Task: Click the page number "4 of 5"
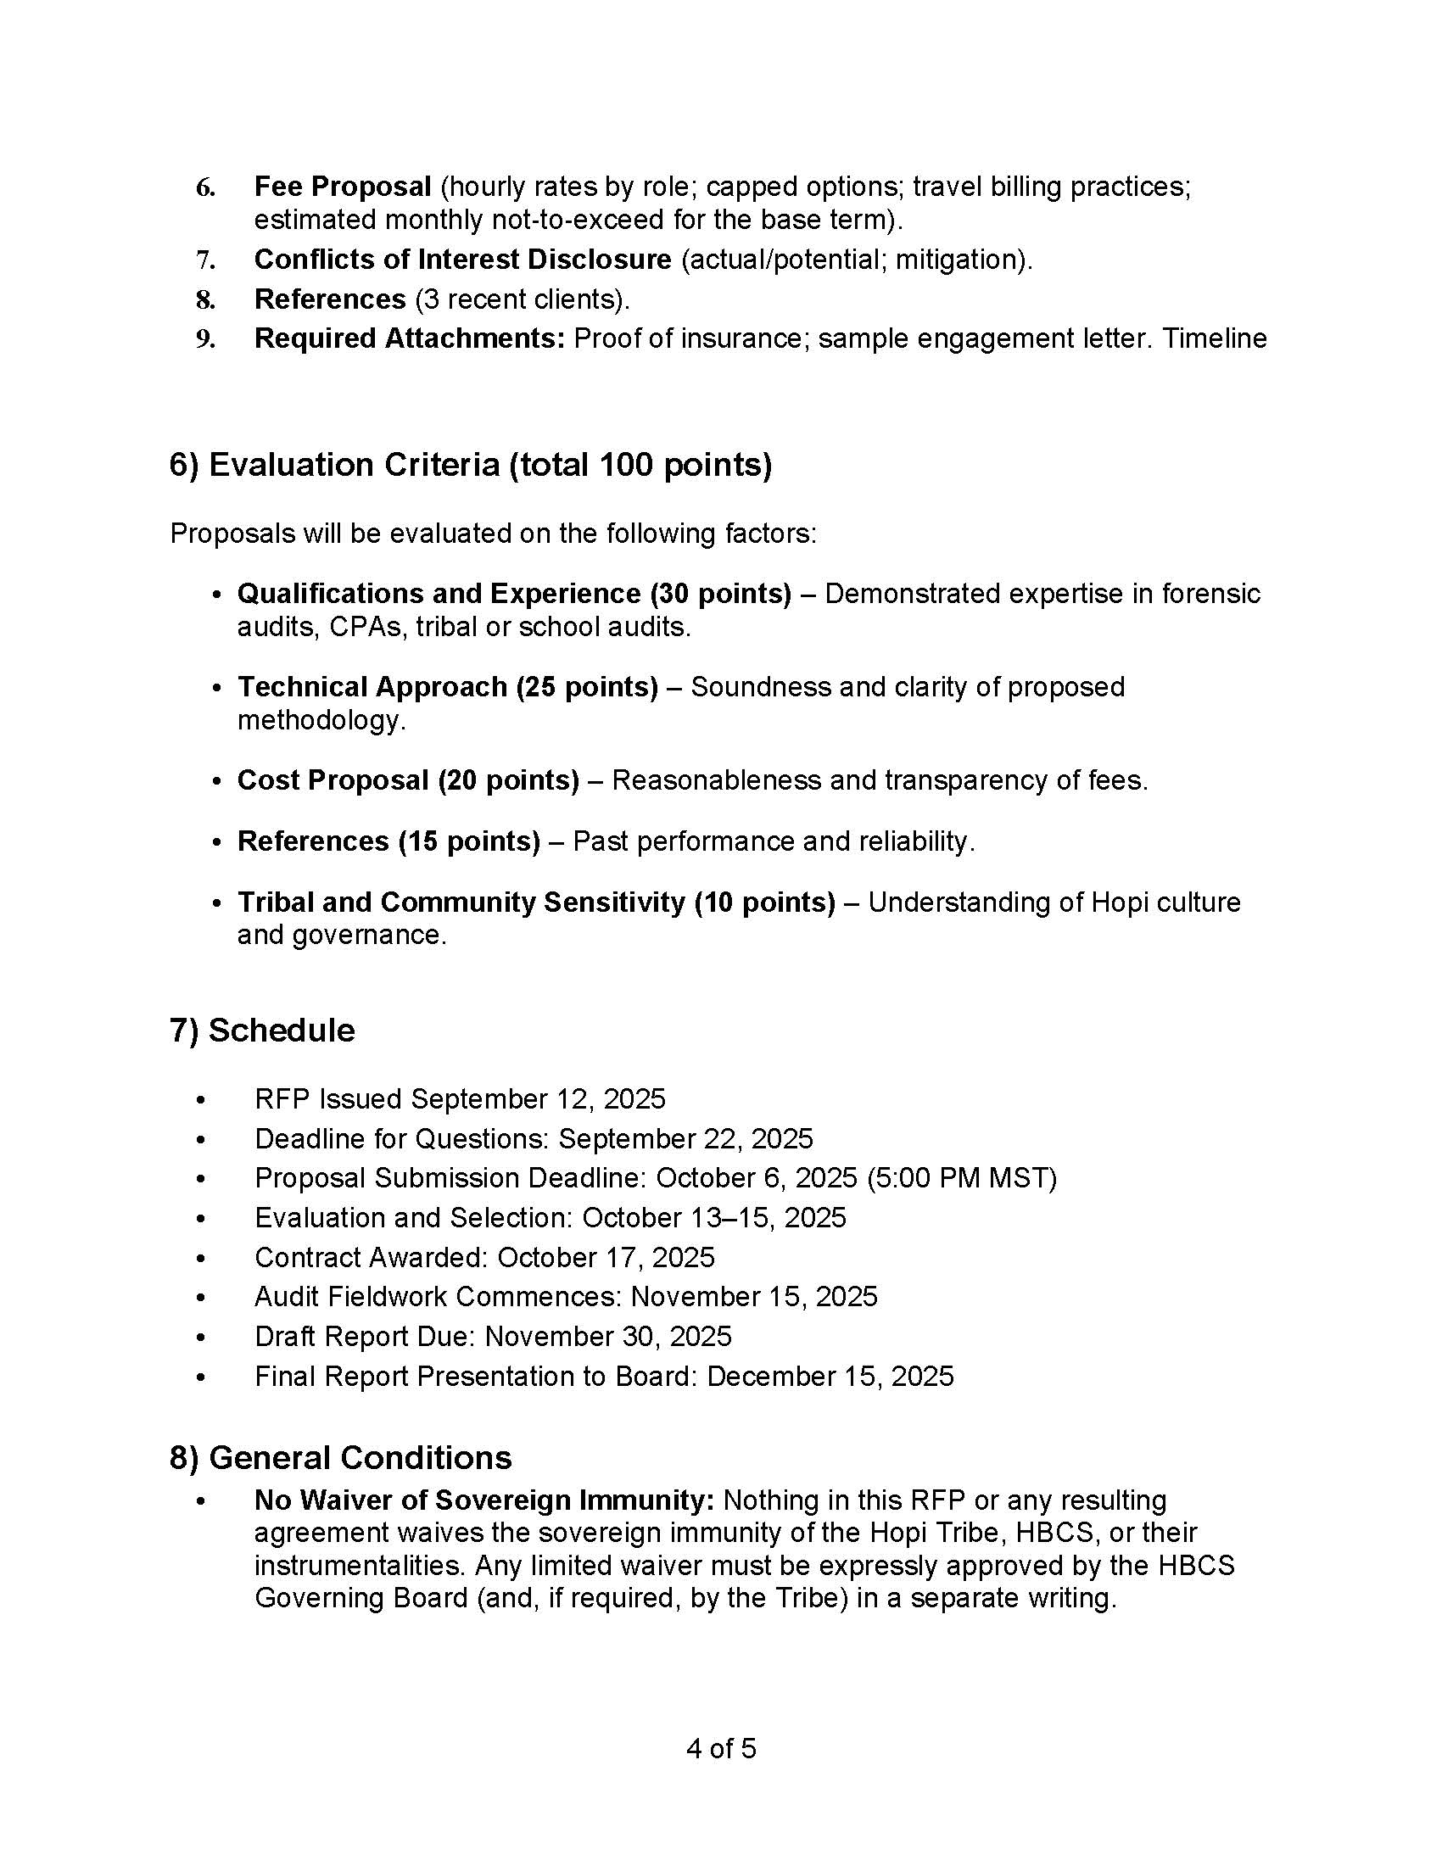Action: point(721,1748)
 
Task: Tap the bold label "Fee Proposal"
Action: point(343,187)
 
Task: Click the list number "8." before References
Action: point(205,299)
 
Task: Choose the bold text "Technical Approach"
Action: point(372,686)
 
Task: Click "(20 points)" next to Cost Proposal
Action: point(508,780)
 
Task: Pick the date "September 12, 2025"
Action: point(537,1098)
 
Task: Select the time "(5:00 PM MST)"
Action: point(961,1177)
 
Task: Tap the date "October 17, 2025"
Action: point(606,1257)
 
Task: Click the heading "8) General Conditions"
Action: point(340,1456)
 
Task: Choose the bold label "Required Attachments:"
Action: point(409,338)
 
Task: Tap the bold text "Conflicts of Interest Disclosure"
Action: point(462,259)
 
